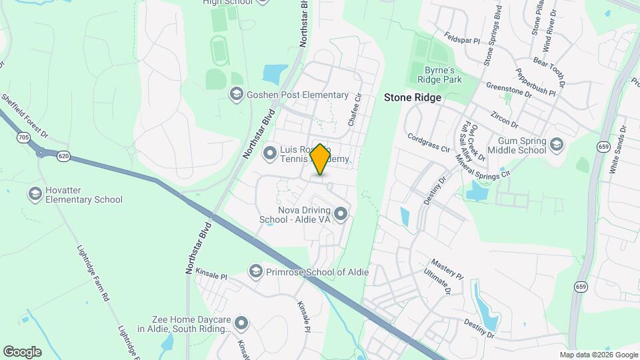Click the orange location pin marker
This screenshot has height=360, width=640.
pos(320,159)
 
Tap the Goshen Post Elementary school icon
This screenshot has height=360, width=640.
pos(235,95)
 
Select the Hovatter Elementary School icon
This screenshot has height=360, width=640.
pos(35,194)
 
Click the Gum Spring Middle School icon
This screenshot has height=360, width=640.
pos(557,143)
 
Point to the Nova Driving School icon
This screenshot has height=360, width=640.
pos(341,214)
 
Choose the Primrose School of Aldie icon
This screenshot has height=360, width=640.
pos(255,271)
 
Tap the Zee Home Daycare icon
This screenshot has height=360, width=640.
pos(241,323)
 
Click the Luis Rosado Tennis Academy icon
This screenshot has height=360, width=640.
pos(270,154)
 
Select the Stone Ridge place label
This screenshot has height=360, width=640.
pos(412,97)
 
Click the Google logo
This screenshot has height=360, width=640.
pos(22,351)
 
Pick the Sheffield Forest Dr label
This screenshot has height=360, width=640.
pos(25,116)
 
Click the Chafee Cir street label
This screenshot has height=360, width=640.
pos(354,109)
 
